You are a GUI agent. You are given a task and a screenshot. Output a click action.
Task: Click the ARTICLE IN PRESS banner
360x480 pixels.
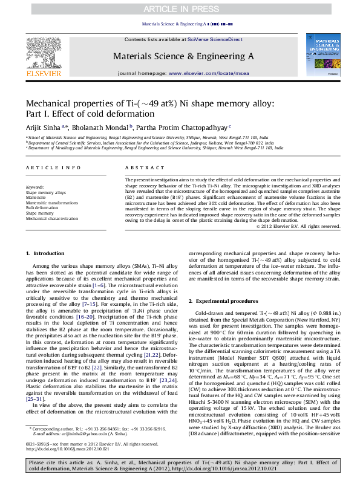(x=180, y=8)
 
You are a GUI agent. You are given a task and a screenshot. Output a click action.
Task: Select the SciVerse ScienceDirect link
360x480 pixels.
(x=215, y=39)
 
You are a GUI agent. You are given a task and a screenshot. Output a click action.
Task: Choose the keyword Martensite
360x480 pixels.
(x=36, y=197)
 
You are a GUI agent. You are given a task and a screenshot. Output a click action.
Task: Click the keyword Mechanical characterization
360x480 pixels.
(x=52, y=218)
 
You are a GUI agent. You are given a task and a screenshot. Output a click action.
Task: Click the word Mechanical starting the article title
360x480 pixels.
(x=52, y=103)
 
